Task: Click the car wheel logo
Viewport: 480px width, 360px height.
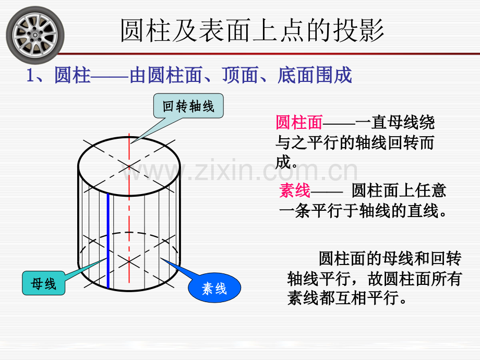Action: [x=35, y=35]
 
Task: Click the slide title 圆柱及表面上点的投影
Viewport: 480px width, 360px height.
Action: [x=252, y=30]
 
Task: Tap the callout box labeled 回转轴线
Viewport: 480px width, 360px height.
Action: [x=188, y=106]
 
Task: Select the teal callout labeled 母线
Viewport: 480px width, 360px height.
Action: [x=43, y=283]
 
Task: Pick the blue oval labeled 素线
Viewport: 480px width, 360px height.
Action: [x=214, y=288]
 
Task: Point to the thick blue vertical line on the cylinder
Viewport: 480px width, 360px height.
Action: [x=108, y=241]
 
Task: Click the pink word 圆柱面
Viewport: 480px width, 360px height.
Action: [x=299, y=123]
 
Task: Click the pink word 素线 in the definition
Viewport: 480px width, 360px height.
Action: [x=294, y=190]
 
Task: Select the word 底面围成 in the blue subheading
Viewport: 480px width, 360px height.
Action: [x=315, y=75]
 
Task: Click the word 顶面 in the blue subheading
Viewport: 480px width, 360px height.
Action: [x=241, y=75]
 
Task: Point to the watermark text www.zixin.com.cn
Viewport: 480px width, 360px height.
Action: [x=239, y=170]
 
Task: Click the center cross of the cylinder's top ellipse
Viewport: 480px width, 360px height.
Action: [x=129, y=166]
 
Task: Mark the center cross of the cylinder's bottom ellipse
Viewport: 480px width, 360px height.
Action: [x=129, y=262]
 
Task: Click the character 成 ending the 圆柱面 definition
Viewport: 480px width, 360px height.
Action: [x=283, y=162]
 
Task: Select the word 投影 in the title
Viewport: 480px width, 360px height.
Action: [x=358, y=30]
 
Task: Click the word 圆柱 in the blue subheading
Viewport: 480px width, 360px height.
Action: [x=73, y=75]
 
